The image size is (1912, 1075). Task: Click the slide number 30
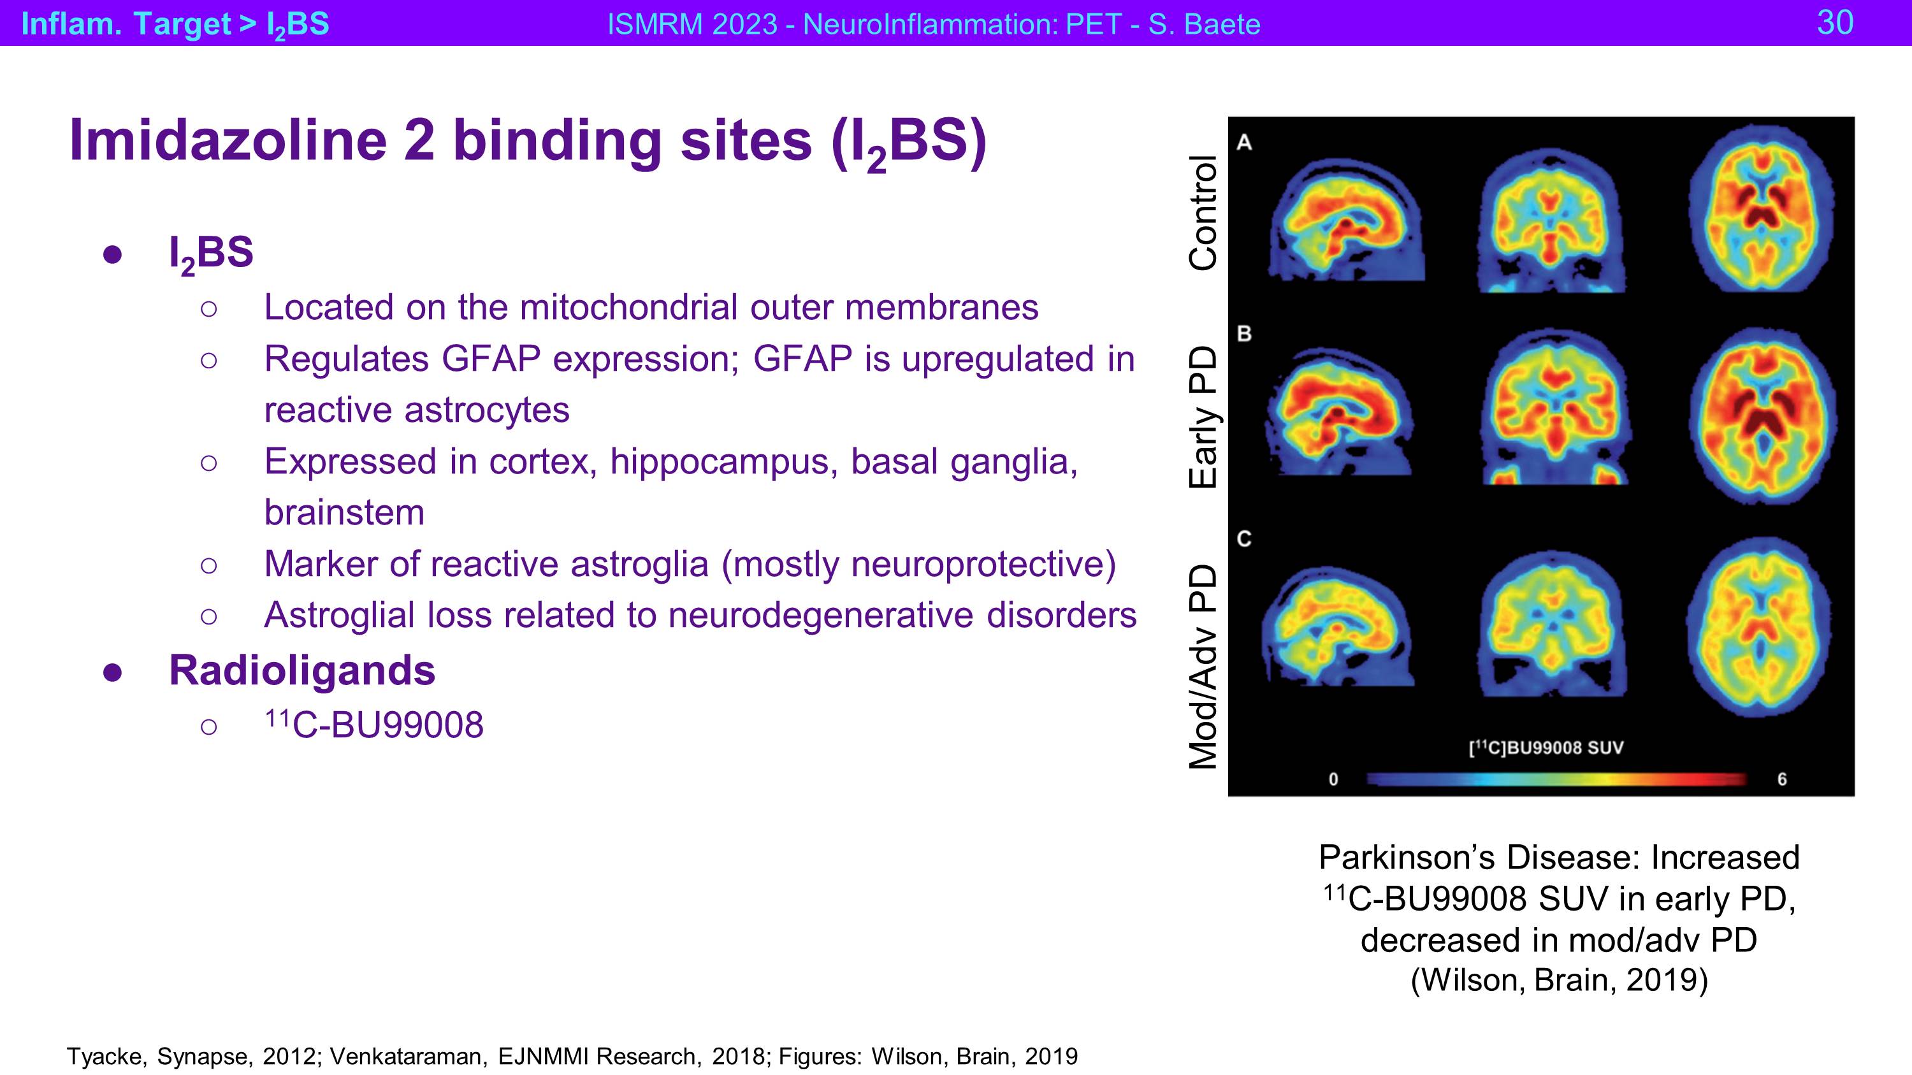coord(1835,22)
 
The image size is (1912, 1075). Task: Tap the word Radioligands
coord(302,670)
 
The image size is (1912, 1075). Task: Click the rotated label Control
coord(1203,213)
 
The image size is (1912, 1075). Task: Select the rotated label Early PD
coord(1203,417)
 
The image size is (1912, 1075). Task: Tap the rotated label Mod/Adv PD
coord(1203,666)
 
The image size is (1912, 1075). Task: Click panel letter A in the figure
coord(1245,143)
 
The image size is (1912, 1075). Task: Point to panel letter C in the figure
coord(1245,538)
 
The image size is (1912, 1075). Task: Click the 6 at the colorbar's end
coord(1782,779)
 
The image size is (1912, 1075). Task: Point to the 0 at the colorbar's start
coord(1334,779)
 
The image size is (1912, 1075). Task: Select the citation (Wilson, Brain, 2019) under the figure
coord(1560,981)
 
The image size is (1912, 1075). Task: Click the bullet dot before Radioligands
coord(112,672)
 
